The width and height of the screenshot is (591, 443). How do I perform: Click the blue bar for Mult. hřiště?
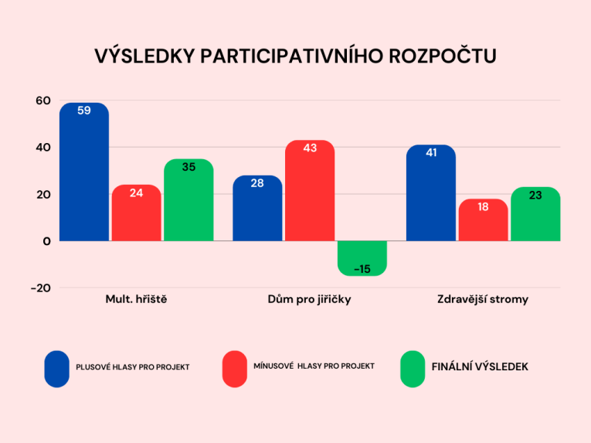click(84, 174)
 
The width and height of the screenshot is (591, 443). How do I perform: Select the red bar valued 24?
click(136, 214)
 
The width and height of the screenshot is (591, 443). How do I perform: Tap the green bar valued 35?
click(189, 201)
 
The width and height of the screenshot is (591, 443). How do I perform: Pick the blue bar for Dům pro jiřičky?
click(257, 210)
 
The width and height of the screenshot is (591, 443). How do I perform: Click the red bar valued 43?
click(310, 192)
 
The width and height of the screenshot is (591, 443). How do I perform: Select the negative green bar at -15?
click(362, 258)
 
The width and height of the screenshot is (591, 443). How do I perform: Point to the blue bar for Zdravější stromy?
click(431, 194)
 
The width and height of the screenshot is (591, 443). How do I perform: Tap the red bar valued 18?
click(483, 221)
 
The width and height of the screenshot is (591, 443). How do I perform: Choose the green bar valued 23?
click(535, 215)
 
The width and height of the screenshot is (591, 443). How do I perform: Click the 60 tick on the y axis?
click(42, 101)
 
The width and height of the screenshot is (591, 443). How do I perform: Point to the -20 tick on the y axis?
click(41, 288)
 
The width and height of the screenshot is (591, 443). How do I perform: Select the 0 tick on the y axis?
click(47, 240)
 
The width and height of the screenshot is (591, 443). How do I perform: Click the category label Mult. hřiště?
click(136, 299)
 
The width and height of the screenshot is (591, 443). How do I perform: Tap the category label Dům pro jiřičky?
click(309, 299)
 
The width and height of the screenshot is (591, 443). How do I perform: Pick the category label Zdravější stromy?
click(483, 299)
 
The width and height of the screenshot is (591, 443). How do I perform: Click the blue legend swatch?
click(56, 369)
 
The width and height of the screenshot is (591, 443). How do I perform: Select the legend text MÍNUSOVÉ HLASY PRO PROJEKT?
click(314, 366)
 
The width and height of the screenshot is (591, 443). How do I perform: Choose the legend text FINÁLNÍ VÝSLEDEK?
click(480, 366)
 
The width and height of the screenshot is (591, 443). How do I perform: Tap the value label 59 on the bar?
click(84, 111)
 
